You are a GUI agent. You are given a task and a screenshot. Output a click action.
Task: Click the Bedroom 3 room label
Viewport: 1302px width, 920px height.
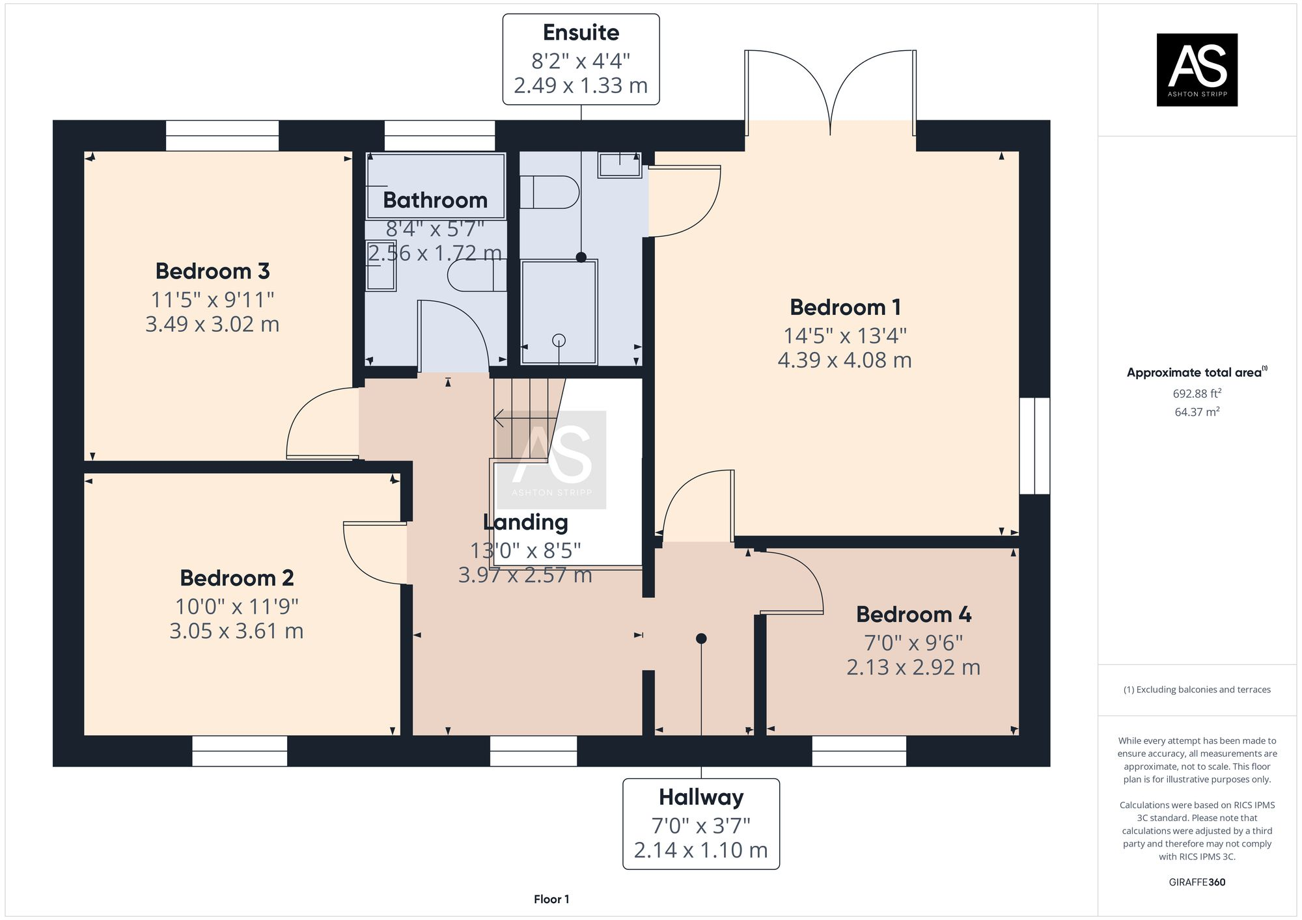point(212,271)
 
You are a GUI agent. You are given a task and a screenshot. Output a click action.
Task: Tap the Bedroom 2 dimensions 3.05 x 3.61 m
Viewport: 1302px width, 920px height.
point(236,631)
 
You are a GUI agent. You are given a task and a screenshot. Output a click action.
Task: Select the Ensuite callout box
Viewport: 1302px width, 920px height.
point(581,59)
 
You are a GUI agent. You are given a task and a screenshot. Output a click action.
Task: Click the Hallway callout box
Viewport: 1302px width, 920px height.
point(701,824)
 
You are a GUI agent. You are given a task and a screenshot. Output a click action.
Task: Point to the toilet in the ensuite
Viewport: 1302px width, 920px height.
point(549,192)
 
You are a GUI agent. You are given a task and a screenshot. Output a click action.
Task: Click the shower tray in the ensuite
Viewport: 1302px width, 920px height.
point(559,312)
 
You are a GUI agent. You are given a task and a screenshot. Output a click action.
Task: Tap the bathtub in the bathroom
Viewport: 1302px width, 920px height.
point(436,185)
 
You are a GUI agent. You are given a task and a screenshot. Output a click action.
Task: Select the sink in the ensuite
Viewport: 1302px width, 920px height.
point(620,164)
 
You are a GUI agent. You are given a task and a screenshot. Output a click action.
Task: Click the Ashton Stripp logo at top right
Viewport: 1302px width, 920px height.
point(1197,70)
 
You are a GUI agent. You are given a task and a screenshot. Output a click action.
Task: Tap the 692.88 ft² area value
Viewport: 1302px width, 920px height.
point(1197,394)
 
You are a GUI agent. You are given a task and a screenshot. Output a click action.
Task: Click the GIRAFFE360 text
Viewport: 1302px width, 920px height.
point(1197,882)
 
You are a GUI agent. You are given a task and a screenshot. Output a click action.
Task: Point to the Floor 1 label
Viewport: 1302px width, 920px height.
point(551,899)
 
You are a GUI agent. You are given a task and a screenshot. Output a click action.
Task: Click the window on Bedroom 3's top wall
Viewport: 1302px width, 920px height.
point(222,135)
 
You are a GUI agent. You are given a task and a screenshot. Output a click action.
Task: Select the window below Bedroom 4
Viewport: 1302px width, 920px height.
point(859,751)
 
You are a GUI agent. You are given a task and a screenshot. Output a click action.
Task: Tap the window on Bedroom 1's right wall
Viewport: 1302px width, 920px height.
point(1034,446)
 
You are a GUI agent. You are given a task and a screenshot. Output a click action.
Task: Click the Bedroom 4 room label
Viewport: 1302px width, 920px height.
point(913,614)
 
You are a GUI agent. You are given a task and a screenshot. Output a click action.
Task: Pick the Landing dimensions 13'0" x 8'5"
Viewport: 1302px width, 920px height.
point(525,551)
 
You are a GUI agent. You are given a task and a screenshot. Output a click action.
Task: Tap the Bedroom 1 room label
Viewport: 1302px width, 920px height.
point(845,307)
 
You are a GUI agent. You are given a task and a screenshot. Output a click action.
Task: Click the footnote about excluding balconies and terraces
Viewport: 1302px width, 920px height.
point(1197,690)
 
